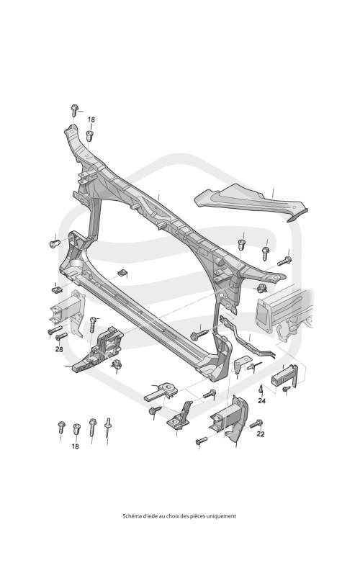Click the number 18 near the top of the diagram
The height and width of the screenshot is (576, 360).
91,120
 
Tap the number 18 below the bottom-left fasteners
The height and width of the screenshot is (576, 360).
76,446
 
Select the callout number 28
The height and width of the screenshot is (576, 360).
59,349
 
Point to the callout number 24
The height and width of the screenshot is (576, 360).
261,400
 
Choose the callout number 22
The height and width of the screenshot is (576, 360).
261,434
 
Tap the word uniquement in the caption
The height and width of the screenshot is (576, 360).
221,516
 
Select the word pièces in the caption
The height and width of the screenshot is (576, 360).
197,516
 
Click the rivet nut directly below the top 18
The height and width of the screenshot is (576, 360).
89,135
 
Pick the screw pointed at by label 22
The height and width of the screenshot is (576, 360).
256,424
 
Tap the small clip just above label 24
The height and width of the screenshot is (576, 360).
261,389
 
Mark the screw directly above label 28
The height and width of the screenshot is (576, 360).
61,336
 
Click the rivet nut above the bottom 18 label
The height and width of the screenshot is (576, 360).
76,428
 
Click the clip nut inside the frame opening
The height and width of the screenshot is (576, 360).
122,273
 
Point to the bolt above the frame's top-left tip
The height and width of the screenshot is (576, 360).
74,109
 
